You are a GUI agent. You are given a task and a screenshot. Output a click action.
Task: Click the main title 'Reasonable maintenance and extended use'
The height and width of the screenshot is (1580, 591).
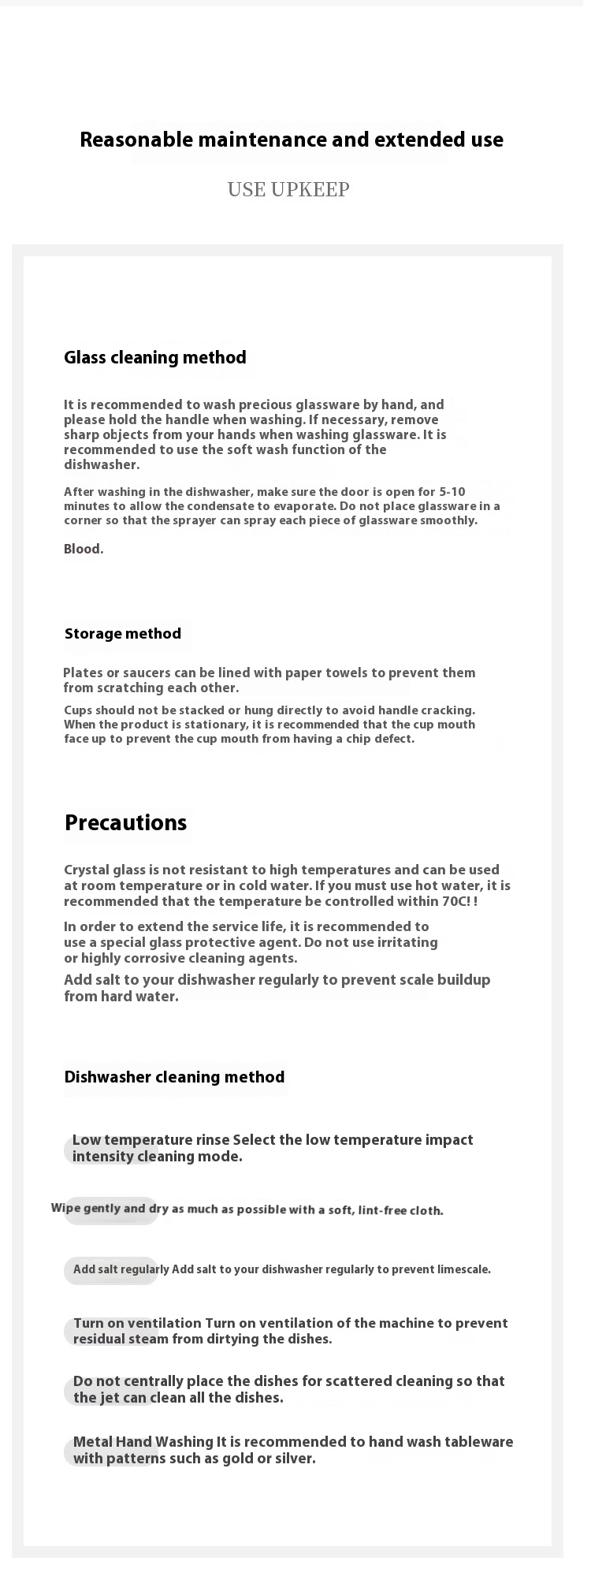pyautogui.click(x=292, y=140)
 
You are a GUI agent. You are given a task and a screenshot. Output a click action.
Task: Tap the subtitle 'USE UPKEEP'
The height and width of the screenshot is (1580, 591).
pyautogui.click(x=288, y=190)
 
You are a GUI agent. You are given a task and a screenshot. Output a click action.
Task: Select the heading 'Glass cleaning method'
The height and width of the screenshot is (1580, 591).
pyautogui.click(x=155, y=358)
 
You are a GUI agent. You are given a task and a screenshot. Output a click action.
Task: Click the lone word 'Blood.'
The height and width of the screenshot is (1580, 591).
pyautogui.click(x=84, y=550)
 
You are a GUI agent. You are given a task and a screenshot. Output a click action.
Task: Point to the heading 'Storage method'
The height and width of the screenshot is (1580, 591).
pyautogui.click(x=123, y=634)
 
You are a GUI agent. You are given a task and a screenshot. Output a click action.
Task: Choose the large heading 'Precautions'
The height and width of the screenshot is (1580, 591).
pyautogui.click(x=126, y=823)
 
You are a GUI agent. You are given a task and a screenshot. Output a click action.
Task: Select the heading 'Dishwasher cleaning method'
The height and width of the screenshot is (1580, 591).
pyautogui.click(x=174, y=1077)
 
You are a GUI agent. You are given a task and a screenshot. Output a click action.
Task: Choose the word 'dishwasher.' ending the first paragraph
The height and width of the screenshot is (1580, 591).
pyautogui.click(x=102, y=465)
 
